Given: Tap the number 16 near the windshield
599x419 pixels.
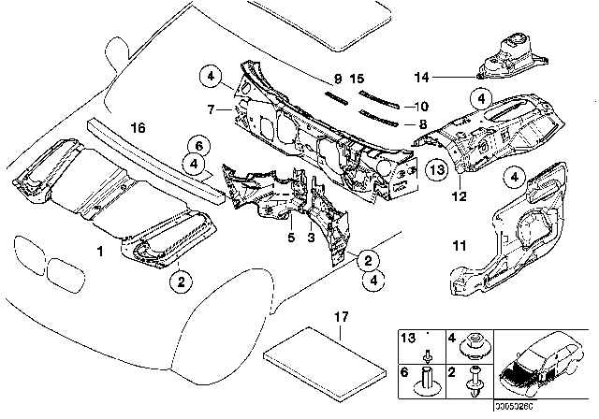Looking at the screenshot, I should pos(138,127).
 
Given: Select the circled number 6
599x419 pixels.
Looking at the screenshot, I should pos(197,143).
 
